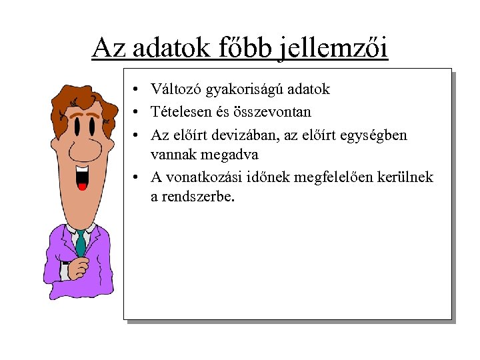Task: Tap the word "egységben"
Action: (373, 135)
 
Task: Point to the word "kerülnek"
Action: (407, 177)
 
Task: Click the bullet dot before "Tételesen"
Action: (135, 112)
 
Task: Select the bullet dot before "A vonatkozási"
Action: (135, 177)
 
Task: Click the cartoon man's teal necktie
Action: (81, 243)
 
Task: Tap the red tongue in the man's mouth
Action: (83, 186)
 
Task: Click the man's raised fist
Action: (79, 267)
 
